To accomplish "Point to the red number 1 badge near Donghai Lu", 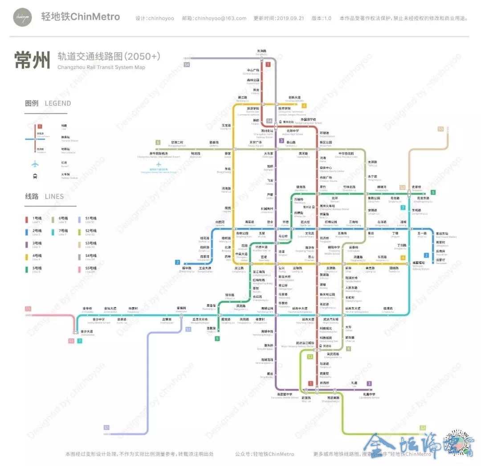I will [x=268, y=65].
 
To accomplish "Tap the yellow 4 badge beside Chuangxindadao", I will [x=304, y=106].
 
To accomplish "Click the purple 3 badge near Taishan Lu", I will [x=281, y=141].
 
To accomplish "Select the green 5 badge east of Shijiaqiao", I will [x=433, y=192].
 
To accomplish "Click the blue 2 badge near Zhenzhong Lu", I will [x=178, y=262].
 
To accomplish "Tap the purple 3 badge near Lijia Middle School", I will [x=369, y=384].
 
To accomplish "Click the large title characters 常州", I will [x=32, y=61].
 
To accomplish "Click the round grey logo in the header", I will [x=22, y=17].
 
